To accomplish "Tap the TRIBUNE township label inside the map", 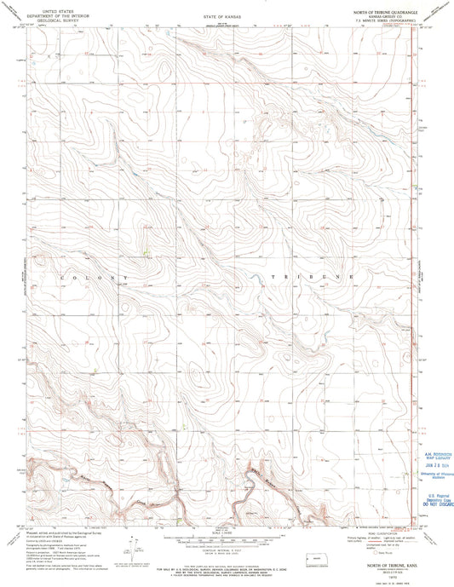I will point(313,279).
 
